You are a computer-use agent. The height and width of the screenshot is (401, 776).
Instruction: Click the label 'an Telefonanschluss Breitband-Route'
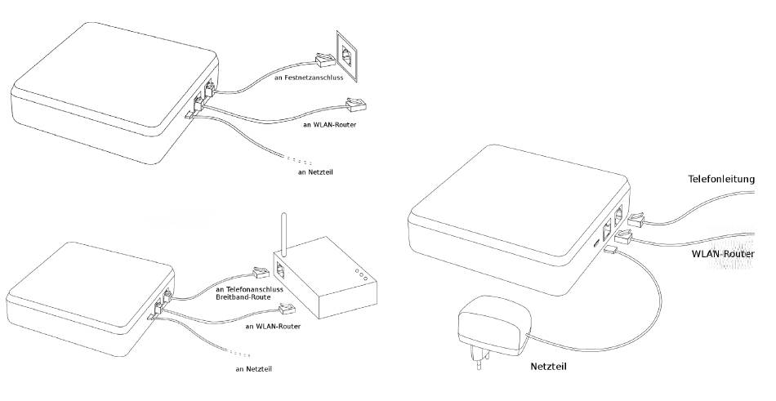point(249,294)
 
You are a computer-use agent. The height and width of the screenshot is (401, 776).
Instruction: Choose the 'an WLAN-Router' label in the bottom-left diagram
point(273,326)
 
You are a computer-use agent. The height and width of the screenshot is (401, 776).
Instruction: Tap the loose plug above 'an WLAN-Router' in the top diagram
point(356,105)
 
